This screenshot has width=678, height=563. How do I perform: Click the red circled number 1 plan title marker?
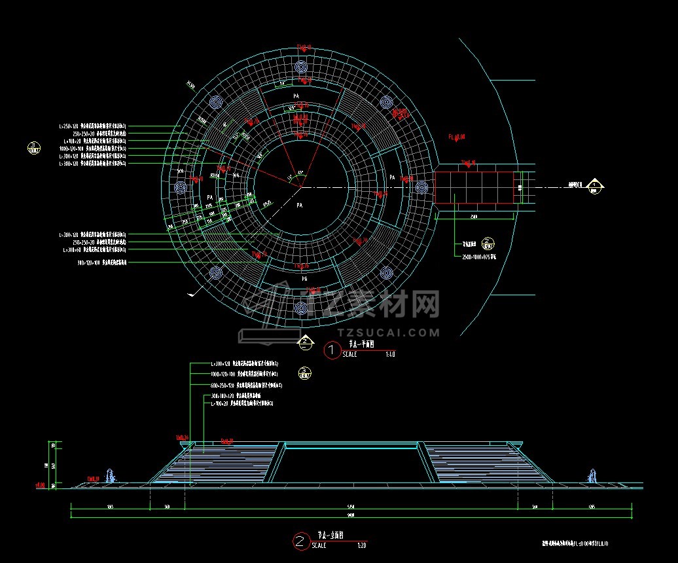pyautogui.click(x=332, y=350)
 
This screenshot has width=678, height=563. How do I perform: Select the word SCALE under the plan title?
pyautogui.click(x=350, y=355)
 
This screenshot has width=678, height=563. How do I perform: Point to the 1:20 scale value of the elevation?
pyautogui.click(x=362, y=545)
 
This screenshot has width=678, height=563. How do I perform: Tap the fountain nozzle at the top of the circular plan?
pyautogui.click(x=301, y=67)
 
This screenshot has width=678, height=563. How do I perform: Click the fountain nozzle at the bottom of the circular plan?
pyautogui.click(x=301, y=307)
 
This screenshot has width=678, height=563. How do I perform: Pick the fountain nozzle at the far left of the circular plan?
pyautogui.click(x=181, y=187)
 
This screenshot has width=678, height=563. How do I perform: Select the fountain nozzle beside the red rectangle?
pyautogui.click(x=421, y=187)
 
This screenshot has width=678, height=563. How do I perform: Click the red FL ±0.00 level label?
pyautogui.click(x=456, y=137)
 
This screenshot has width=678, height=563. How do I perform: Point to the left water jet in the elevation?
pyautogui.click(x=114, y=476)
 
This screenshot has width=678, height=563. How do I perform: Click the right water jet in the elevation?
pyautogui.click(x=593, y=476)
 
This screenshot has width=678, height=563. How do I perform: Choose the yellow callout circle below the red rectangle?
pyautogui.click(x=488, y=243)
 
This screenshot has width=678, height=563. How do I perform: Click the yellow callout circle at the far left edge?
pyautogui.click(x=33, y=147)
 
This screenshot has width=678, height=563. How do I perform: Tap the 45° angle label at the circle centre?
pyautogui.click(x=300, y=173)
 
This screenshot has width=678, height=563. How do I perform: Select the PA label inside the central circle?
pyautogui.click(x=300, y=205)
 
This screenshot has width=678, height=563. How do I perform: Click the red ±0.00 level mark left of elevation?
pyautogui.click(x=40, y=486)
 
